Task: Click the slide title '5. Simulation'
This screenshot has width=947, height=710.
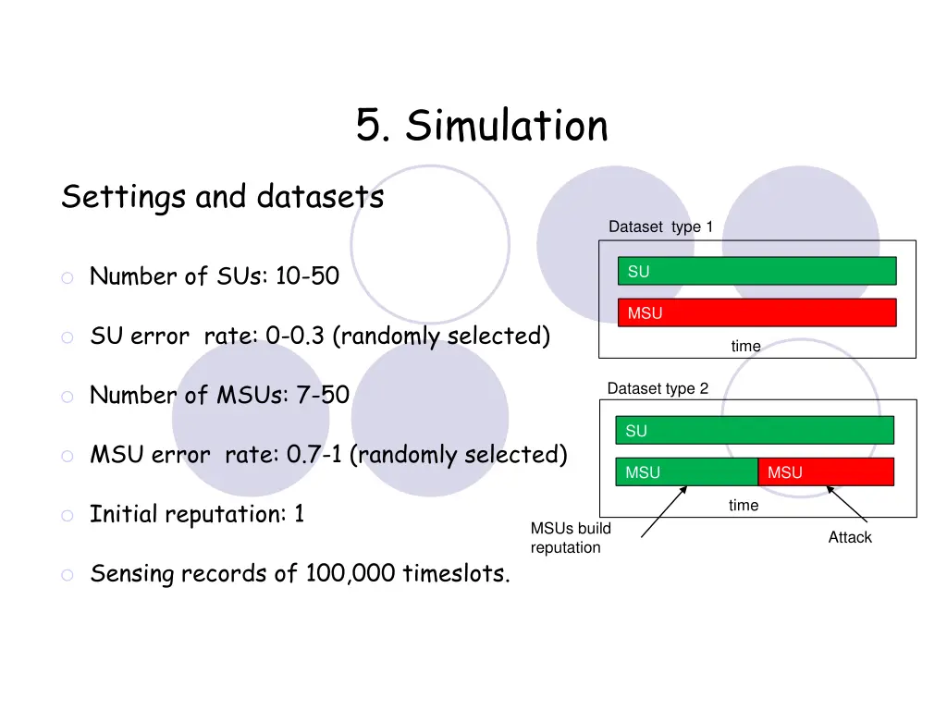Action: click(482, 126)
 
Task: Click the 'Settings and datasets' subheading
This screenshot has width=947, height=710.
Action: click(222, 197)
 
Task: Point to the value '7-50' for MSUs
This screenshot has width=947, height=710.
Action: click(322, 396)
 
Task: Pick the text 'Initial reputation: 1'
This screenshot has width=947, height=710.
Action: click(197, 514)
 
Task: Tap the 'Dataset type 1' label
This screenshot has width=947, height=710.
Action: click(660, 227)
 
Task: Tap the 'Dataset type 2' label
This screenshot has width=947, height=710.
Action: click(658, 389)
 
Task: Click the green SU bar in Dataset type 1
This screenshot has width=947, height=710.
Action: click(756, 271)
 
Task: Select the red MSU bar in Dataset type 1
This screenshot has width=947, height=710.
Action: click(756, 312)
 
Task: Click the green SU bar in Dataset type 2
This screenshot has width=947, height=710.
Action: click(755, 430)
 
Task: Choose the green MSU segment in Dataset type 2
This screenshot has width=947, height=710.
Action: click(686, 471)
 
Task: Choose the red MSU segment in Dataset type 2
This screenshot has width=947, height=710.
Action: click(826, 471)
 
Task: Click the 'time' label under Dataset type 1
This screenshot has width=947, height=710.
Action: click(745, 347)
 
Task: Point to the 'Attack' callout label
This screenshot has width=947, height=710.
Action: click(849, 537)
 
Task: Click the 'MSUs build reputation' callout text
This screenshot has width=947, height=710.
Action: click(570, 538)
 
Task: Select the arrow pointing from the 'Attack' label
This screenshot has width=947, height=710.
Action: click(846, 506)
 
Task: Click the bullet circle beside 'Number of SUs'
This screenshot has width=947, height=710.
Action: click(68, 277)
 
